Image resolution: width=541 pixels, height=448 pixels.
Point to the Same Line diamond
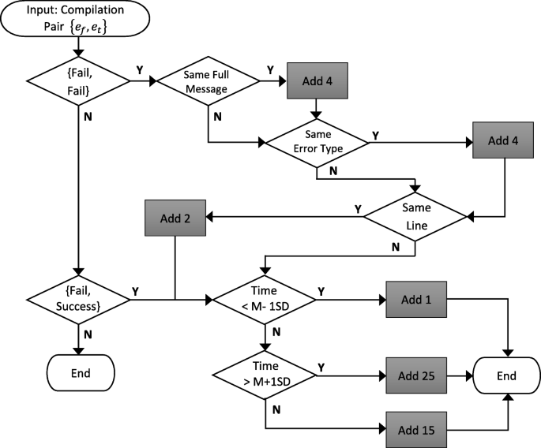coord(415,216)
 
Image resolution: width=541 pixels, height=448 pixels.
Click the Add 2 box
coord(175,216)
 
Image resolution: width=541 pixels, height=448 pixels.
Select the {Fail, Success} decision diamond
coord(79,301)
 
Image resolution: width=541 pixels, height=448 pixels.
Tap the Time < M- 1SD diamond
coord(264,301)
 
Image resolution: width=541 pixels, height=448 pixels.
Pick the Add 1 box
coord(415,301)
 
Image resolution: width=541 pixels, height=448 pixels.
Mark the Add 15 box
coord(415,430)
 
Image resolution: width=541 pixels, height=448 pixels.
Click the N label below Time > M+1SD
coord(273,410)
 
